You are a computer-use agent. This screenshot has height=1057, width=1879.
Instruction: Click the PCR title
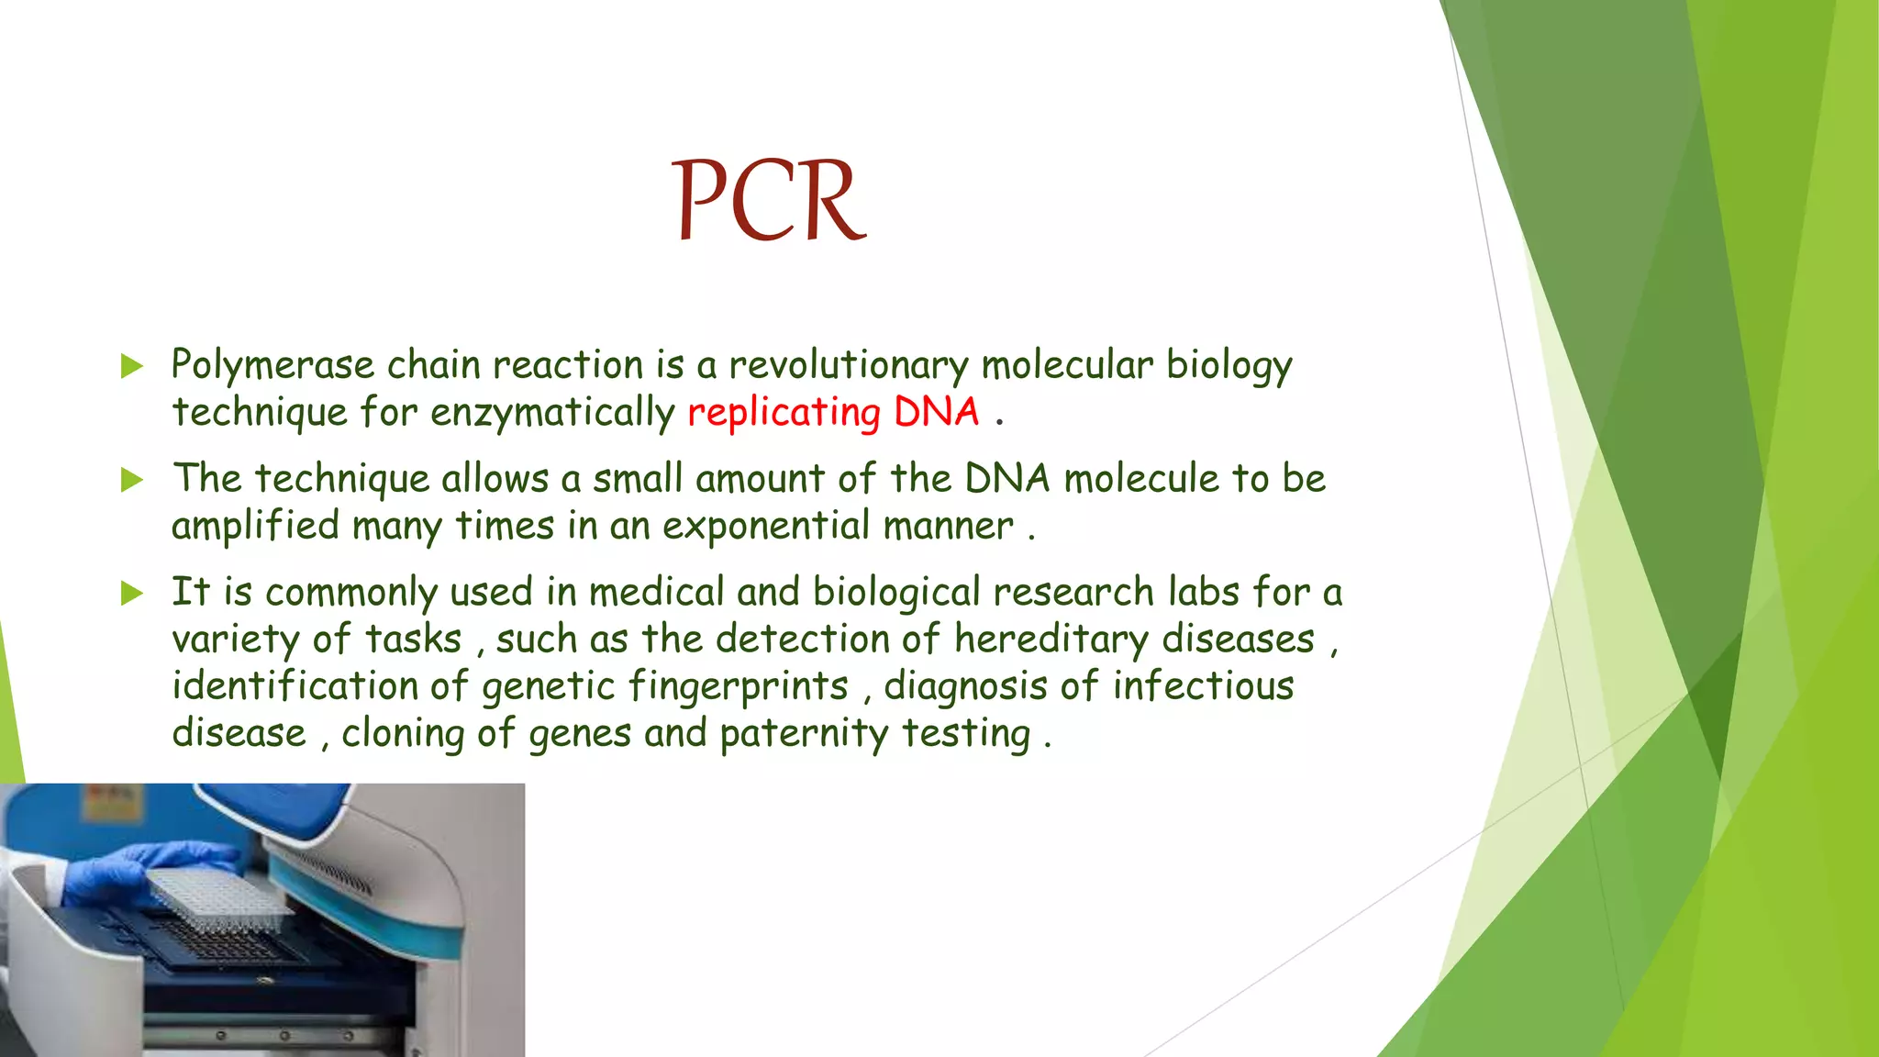coord(770,201)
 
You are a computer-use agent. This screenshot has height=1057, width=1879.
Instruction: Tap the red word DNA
coord(937,411)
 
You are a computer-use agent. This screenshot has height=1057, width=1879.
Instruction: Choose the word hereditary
coord(1051,640)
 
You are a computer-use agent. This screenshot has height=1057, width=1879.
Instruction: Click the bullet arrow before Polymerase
coord(132,367)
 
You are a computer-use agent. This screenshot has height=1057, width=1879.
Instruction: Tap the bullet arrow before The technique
coord(132,480)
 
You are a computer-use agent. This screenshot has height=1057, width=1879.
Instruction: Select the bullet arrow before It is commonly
coord(132,594)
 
